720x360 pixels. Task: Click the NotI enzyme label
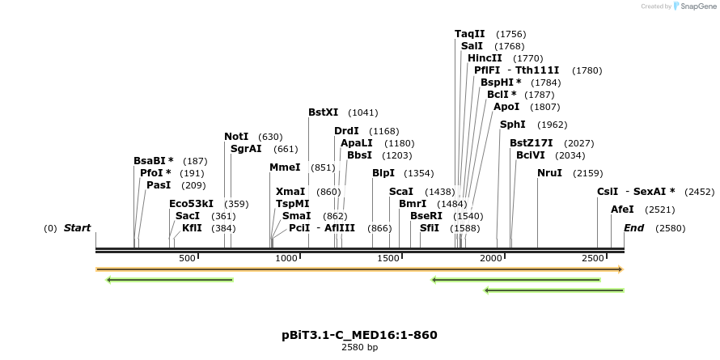236,137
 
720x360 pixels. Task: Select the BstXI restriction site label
324,112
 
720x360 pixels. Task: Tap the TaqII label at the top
469,34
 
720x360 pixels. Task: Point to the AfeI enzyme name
622,210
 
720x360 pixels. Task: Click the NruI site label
549,173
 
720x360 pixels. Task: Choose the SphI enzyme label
512,125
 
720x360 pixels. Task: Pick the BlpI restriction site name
383,173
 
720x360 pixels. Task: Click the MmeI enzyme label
285,167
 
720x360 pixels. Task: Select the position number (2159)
587,174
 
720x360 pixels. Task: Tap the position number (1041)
362,112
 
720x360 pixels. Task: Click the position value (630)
269,137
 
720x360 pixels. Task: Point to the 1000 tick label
287,258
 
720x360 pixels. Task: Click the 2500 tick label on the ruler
593,258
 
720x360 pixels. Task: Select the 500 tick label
188,258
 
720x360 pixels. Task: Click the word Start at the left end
77,228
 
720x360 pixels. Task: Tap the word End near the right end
633,228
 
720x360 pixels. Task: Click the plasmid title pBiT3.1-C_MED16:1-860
359,334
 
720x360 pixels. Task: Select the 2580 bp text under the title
359,347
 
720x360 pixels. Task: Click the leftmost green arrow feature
170,280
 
